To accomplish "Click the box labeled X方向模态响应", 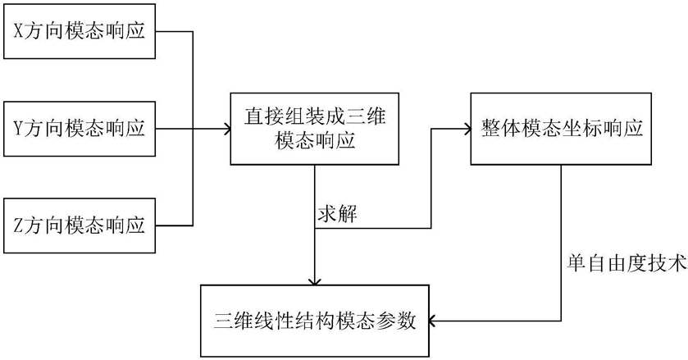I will [79, 32].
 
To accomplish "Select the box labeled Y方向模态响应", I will [79, 129].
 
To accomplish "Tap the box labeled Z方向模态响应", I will [79, 224].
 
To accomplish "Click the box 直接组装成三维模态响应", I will [314, 129].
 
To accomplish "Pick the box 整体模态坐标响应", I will [560, 129].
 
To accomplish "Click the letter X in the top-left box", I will [20, 33].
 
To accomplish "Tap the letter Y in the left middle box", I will [20, 129].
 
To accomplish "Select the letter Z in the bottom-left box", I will [20, 225].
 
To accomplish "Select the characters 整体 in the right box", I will [495, 129].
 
